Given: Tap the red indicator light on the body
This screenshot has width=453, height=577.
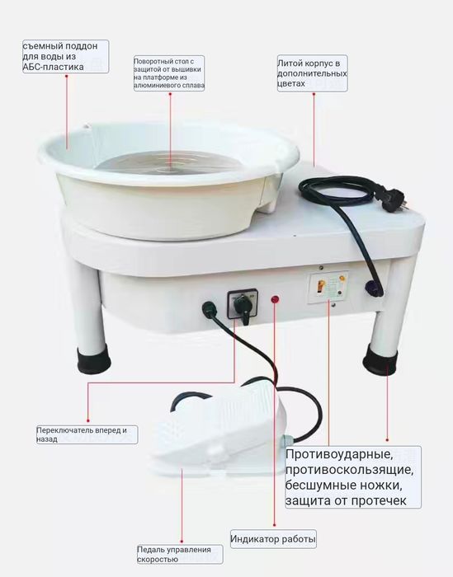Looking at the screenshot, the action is click(275, 299).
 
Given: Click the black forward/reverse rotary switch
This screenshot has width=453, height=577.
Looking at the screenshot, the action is click(243, 305).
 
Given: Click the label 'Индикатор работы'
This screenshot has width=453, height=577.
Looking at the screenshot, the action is click(273, 539).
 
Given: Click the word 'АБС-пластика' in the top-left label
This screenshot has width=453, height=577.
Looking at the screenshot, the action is click(53, 67).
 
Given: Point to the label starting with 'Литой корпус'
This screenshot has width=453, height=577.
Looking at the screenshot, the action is click(312, 73).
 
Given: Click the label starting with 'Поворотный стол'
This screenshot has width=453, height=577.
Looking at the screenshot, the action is click(168, 73).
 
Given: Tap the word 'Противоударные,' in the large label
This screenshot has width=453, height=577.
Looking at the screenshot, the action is click(339, 454).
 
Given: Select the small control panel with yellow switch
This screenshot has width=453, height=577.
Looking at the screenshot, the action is click(328, 288).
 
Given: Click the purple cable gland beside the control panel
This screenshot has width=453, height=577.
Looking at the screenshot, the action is click(372, 288).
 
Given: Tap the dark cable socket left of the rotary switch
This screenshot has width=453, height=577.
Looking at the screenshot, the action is click(209, 307).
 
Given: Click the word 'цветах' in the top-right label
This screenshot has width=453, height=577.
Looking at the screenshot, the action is click(291, 84).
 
